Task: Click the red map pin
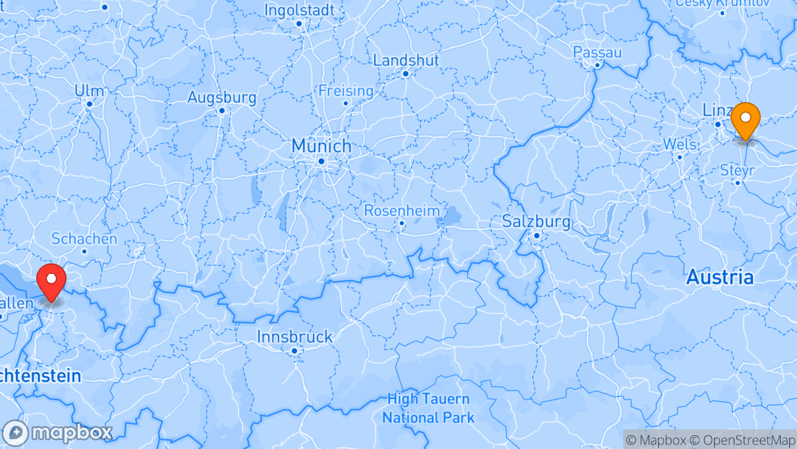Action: tap(51, 282)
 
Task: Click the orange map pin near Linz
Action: tap(746, 121)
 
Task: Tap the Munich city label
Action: tap(321, 145)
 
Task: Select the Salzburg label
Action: tap(536, 221)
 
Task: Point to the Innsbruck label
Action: tap(294, 337)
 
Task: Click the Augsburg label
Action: tap(222, 97)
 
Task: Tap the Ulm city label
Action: tap(90, 90)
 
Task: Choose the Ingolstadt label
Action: tap(300, 10)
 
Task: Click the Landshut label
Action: tap(406, 60)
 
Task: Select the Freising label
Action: tap(346, 90)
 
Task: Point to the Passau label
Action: tap(597, 52)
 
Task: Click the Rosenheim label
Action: tap(402, 211)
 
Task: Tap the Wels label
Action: tap(679, 144)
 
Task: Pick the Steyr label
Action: tap(737, 170)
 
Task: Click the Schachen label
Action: tap(84, 238)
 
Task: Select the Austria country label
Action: tap(720, 277)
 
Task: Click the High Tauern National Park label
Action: tap(428, 408)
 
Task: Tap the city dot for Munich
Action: tap(321, 161)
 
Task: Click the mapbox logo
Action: tap(57, 433)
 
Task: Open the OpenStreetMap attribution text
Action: tap(740, 440)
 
